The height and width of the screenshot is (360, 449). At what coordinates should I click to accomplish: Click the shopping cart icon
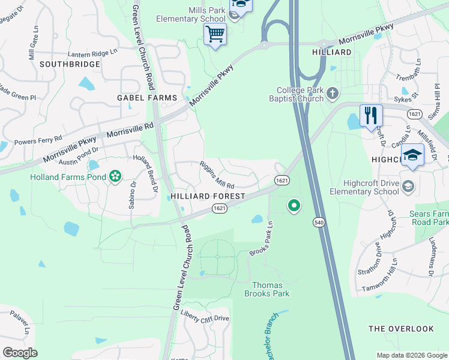pyautogui.click(x=215, y=34)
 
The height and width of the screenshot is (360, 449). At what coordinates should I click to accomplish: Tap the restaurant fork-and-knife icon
pyautogui.click(x=371, y=115)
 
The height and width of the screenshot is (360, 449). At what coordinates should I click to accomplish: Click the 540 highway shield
pyautogui.click(x=318, y=222)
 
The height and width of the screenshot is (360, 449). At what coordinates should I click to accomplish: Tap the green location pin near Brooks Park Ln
pyautogui.click(x=294, y=206)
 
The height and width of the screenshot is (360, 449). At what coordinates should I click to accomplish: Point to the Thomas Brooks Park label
pyautogui.click(x=267, y=289)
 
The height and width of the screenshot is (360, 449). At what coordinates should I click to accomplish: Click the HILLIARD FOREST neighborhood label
pyautogui.click(x=208, y=196)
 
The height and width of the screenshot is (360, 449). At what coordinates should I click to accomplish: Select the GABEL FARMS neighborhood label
pyautogui.click(x=147, y=98)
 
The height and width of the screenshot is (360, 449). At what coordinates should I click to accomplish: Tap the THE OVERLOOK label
pyautogui.click(x=401, y=329)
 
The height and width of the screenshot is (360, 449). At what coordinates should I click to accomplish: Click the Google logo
pyautogui.click(x=20, y=353)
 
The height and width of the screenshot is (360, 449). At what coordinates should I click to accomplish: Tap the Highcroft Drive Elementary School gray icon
pyautogui.click(x=409, y=184)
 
